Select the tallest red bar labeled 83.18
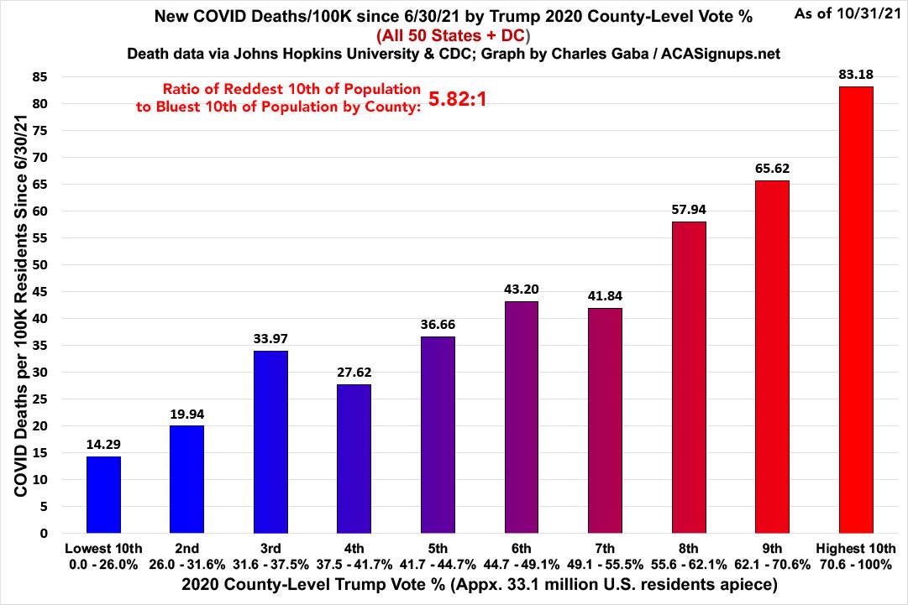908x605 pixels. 856,310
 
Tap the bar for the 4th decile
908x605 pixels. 354,458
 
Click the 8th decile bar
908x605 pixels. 689,377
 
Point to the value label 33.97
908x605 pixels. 270,339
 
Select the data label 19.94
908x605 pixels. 186,414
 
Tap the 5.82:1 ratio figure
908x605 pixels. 459,100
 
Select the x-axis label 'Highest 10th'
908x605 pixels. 856,549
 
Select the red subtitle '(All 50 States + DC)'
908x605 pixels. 453,37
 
